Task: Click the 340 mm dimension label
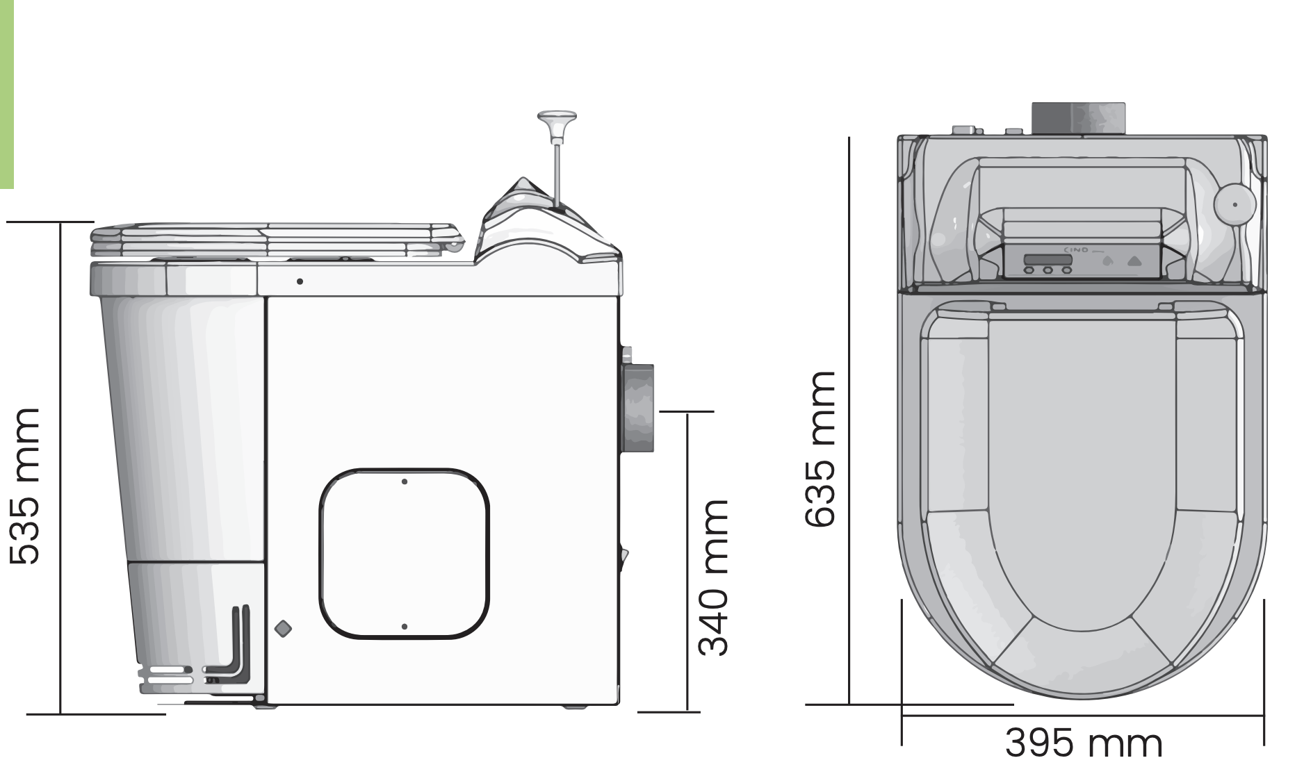pos(713,577)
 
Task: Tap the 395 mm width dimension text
pos(1083,743)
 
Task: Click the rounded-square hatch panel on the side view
pos(405,553)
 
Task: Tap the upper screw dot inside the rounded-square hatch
pos(405,481)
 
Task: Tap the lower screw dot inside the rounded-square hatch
pos(405,627)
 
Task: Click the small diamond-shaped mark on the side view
pos(284,629)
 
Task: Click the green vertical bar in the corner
pos(6,94)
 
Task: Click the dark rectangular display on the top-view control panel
pos(1048,260)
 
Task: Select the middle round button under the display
pos(1048,270)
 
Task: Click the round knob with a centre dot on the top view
pos(1234,204)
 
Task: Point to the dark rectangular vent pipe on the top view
pos(1077,117)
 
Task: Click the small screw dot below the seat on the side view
pos(300,281)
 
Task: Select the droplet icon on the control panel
pos(1108,262)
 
